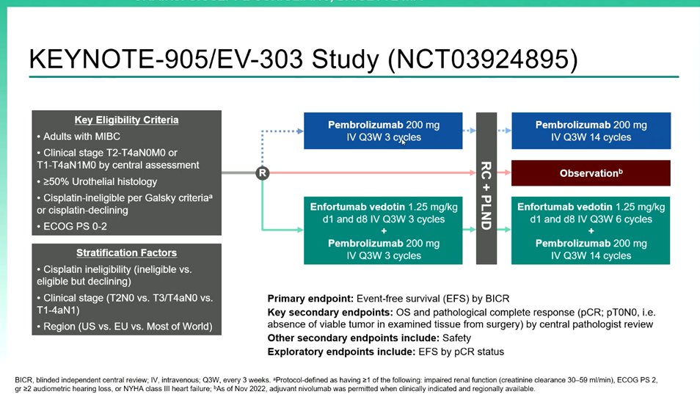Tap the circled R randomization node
click(263, 173)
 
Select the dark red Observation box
click(591, 173)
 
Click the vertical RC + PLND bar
click(486, 189)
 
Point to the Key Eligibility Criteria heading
click(126, 120)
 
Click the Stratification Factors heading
click(126, 253)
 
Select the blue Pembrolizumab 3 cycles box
click(383, 131)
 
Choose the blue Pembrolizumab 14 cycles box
click(591, 131)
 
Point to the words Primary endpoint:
click(310, 299)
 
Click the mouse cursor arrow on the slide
click(404, 142)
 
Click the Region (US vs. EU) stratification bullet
click(127, 326)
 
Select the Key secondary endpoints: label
click(327, 312)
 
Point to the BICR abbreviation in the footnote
click(23, 379)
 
